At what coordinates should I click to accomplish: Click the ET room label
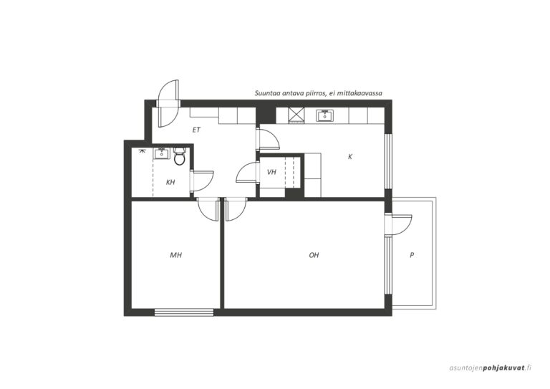196,130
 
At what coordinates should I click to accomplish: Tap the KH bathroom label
170,182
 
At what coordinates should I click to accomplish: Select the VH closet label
271,172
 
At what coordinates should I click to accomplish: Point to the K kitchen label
350,157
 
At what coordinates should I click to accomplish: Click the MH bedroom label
175,255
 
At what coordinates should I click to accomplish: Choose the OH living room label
314,255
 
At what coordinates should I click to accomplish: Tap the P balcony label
412,255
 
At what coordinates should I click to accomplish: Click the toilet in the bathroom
179,156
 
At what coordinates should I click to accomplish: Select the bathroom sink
162,153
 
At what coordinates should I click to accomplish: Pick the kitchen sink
325,115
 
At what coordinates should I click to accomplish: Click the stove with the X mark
296,115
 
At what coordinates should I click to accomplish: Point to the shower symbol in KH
142,151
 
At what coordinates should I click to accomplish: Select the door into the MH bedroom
208,209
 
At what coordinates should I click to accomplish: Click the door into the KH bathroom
203,181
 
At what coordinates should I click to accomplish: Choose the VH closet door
247,172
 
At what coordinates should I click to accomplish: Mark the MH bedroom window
184,312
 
